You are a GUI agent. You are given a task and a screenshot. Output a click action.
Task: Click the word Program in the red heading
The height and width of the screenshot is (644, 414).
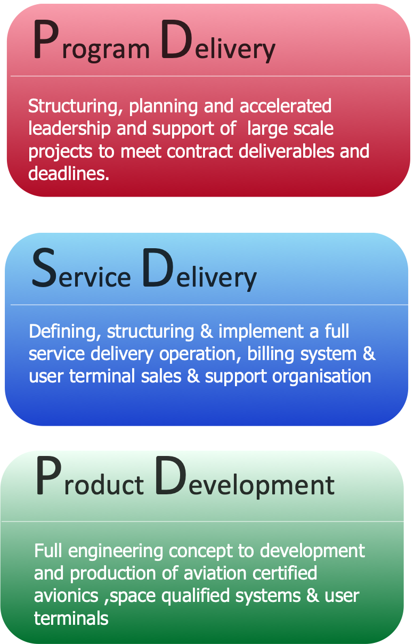point(92,40)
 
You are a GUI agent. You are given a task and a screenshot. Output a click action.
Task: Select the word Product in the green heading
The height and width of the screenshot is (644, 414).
point(90,476)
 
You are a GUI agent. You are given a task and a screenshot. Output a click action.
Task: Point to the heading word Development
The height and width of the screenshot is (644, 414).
point(245,478)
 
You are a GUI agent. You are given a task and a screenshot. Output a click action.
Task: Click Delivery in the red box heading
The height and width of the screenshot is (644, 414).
point(218,41)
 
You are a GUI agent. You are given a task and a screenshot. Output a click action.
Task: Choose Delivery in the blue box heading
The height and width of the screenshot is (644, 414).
point(199,270)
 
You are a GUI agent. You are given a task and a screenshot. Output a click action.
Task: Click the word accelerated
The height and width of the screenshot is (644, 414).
point(285,106)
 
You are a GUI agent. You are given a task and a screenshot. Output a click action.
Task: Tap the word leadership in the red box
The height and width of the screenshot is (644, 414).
point(69,129)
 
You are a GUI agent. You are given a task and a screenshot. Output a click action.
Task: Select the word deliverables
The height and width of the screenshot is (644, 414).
point(286,151)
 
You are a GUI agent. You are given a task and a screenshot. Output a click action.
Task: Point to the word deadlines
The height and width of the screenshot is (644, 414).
point(69,173)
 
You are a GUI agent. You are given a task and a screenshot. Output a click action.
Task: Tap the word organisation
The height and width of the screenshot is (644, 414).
point(322,377)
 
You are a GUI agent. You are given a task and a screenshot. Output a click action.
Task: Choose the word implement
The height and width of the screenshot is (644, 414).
point(261,332)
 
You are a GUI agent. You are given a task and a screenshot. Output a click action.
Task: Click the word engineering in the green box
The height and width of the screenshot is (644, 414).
point(116,552)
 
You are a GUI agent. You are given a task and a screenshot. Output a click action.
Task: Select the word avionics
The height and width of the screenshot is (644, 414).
point(66,596)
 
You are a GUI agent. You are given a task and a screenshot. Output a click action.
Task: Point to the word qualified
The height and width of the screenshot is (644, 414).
point(196,596)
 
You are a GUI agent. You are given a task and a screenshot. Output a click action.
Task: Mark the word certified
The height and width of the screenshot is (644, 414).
point(285,573)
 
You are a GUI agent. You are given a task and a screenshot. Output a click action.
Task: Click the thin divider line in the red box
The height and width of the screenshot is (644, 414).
point(210,76)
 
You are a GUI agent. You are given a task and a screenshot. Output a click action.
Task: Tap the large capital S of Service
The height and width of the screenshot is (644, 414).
point(43,267)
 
